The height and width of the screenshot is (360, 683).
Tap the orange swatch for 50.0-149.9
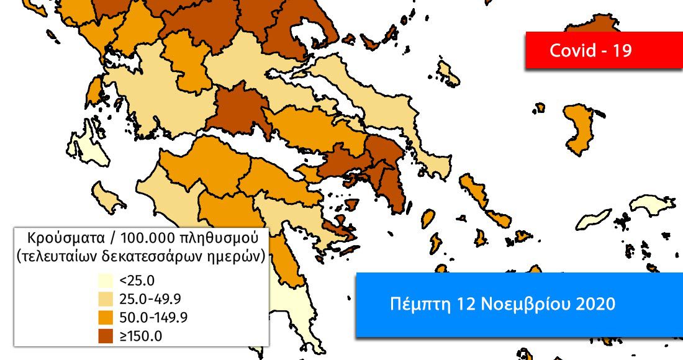104,317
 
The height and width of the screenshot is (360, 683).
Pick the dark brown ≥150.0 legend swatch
104,335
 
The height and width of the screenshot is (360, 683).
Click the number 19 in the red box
622,50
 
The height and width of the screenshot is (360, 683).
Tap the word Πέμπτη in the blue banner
413,304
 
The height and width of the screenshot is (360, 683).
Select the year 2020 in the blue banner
594,304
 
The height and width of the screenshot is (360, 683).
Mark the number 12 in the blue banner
457,304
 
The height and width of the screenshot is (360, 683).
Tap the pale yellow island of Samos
653,204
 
